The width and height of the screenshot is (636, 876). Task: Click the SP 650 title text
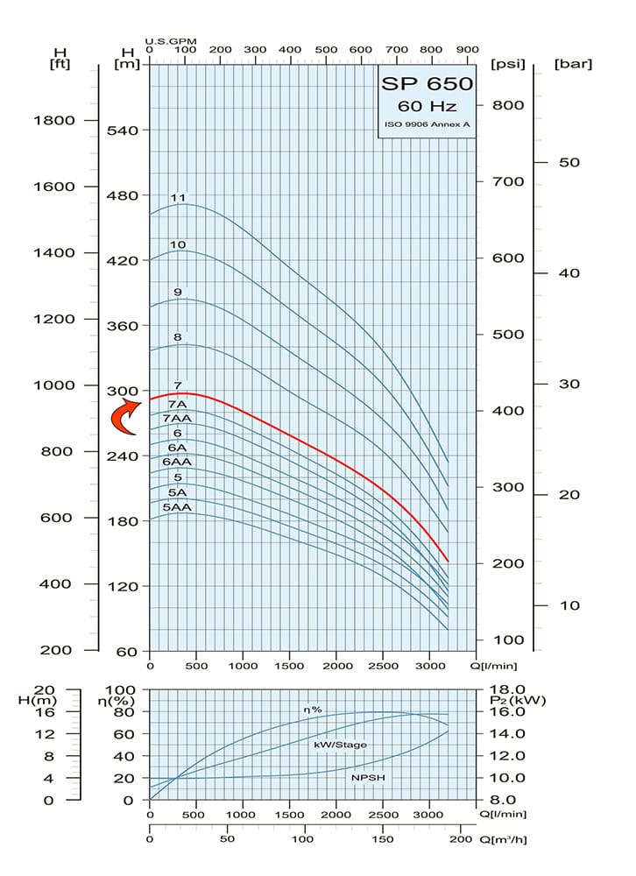click(x=428, y=84)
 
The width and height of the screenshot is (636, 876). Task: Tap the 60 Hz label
click(x=427, y=107)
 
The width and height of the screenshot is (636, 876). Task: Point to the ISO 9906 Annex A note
click(x=428, y=125)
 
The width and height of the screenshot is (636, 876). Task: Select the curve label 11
click(x=178, y=198)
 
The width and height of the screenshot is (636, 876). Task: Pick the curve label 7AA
click(x=177, y=419)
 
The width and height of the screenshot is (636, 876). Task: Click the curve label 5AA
click(x=177, y=507)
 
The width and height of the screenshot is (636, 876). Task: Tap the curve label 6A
click(x=177, y=448)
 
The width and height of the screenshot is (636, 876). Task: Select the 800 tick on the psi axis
click(x=507, y=105)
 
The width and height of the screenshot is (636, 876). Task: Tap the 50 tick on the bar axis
click(x=570, y=163)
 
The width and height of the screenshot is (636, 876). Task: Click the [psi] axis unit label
click(x=508, y=63)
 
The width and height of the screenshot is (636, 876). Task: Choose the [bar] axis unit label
click(x=574, y=63)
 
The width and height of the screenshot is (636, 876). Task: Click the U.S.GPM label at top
click(x=169, y=40)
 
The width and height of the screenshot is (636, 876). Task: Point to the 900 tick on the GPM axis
click(x=468, y=50)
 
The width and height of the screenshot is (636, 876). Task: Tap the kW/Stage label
click(x=340, y=744)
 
